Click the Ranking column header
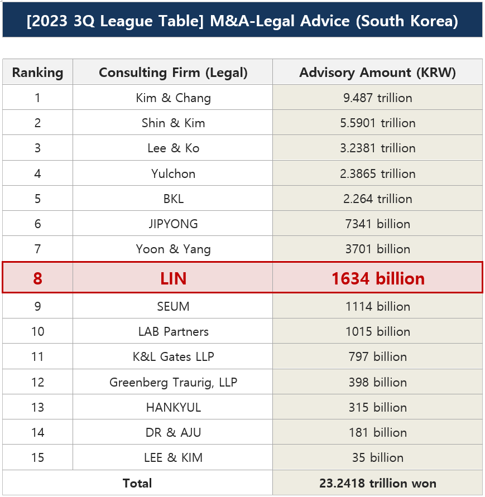click(37, 73)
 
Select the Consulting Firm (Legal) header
click(173, 73)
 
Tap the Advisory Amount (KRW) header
click(377, 73)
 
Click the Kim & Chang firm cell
click(173, 98)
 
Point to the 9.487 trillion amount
click(377, 98)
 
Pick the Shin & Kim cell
click(173, 123)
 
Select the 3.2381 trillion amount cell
click(377, 148)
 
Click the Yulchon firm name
click(173, 173)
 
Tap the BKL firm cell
click(173, 199)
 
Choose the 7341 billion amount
click(377, 224)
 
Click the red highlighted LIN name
click(173, 278)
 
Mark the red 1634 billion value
click(377, 278)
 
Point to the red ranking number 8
click(37, 278)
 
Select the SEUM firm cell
click(173, 306)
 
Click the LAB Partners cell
click(173, 331)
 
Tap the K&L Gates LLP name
click(173, 356)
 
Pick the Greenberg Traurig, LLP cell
click(173, 382)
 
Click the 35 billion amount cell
click(377, 457)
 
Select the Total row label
click(137, 483)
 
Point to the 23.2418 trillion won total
click(377, 483)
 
